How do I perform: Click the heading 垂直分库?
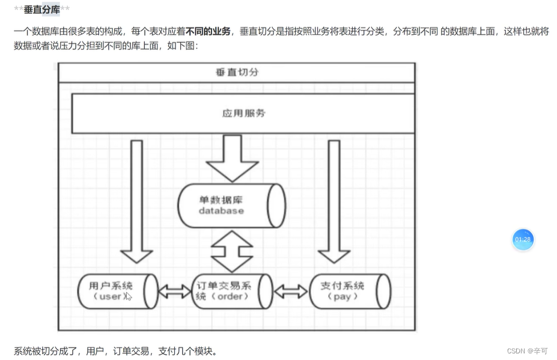coord(41,10)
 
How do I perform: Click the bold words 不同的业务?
coord(208,31)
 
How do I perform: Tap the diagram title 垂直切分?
coord(237,72)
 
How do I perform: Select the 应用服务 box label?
coord(243,113)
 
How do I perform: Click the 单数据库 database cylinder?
coord(231,205)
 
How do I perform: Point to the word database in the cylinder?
coord(221,211)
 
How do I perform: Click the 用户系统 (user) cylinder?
coord(118,291)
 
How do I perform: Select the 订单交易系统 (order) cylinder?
coord(231,291)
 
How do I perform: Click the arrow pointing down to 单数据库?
coord(231,157)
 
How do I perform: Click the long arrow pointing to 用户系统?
coord(136,201)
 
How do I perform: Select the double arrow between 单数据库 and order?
coord(232,251)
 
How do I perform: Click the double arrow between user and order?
coord(174,292)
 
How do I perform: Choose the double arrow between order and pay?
coord(290,292)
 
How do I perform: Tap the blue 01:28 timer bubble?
coord(523,240)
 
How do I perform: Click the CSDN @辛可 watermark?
coord(527,351)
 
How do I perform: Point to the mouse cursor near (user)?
coord(128,296)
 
